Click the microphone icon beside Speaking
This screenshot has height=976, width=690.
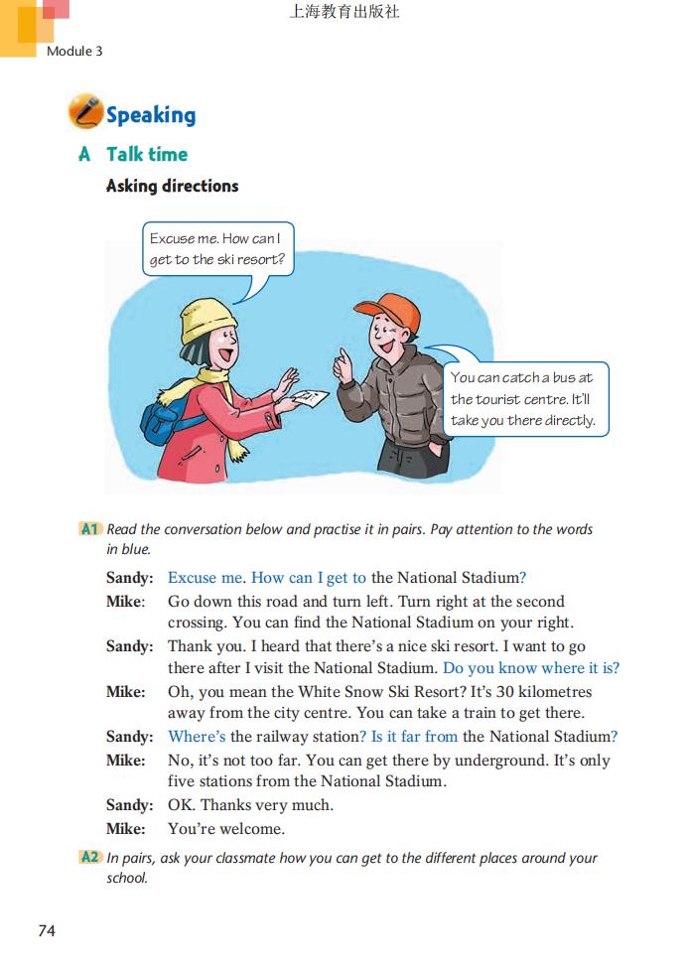[85, 112]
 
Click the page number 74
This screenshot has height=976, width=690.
[47, 930]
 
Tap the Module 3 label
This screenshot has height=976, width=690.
[74, 51]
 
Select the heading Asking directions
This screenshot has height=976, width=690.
[172, 186]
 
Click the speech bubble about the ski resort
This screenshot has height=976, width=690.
[216, 249]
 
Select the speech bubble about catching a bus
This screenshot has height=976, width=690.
[523, 398]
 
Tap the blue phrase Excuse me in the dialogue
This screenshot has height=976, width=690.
[205, 578]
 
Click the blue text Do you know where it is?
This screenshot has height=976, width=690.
[531, 668]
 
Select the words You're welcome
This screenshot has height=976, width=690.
[226, 829]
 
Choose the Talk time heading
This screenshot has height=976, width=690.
[146, 154]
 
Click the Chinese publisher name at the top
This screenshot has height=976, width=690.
[345, 13]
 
